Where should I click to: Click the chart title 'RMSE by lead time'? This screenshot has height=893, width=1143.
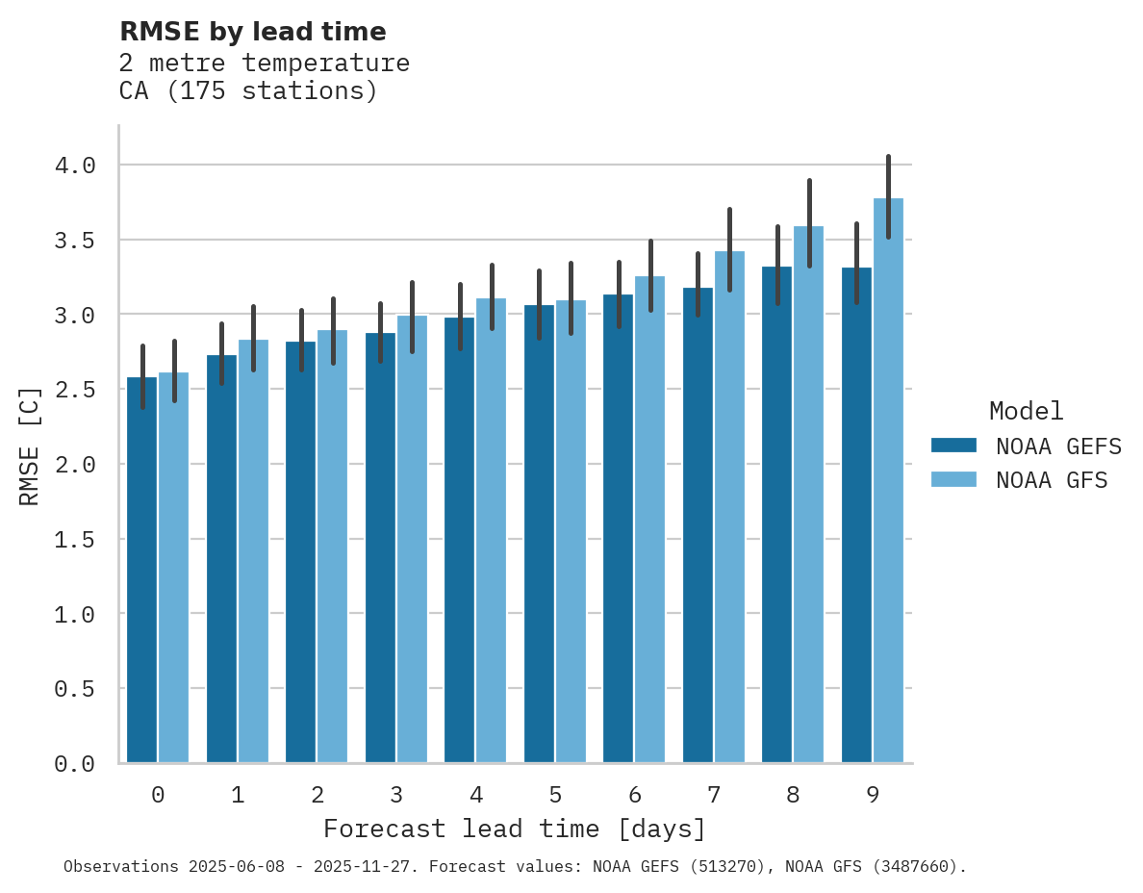pyautogui.click(x=252, y=32)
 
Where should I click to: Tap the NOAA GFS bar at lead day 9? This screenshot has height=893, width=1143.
pyautogui.click(x=888, y=481)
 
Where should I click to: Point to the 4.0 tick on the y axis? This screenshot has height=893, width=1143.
pyautogui.click(x=75, y=166)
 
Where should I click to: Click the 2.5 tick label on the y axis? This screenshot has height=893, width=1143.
pyautogui.click(x=75, y=390)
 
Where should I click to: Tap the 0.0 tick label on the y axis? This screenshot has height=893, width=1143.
pyautogui.click(x=75, y=764)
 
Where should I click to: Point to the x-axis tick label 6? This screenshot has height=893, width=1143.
pyautogui.click(x=634, y=795)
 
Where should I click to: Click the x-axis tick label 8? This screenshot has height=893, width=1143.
pyautogui.click(x=793, y=795)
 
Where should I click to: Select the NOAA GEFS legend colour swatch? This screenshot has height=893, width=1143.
pyautogui.click(x=953, y=446)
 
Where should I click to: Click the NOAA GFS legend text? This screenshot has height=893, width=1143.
pyautogui.click(x=1052, y=480)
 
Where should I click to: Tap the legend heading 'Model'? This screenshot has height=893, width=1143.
pyautogui.click(x=1026, y=411)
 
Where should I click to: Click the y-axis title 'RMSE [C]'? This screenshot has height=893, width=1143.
pyautogui.click(x=30, y=446)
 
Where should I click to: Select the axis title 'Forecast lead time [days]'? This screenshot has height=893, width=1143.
pyautogui.click(x=515, y=829)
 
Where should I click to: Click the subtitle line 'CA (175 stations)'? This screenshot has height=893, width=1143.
pyautogui.click(x=248, y=91)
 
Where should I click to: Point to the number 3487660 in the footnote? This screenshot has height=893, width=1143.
pyautogui.click(x=922, y=867)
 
